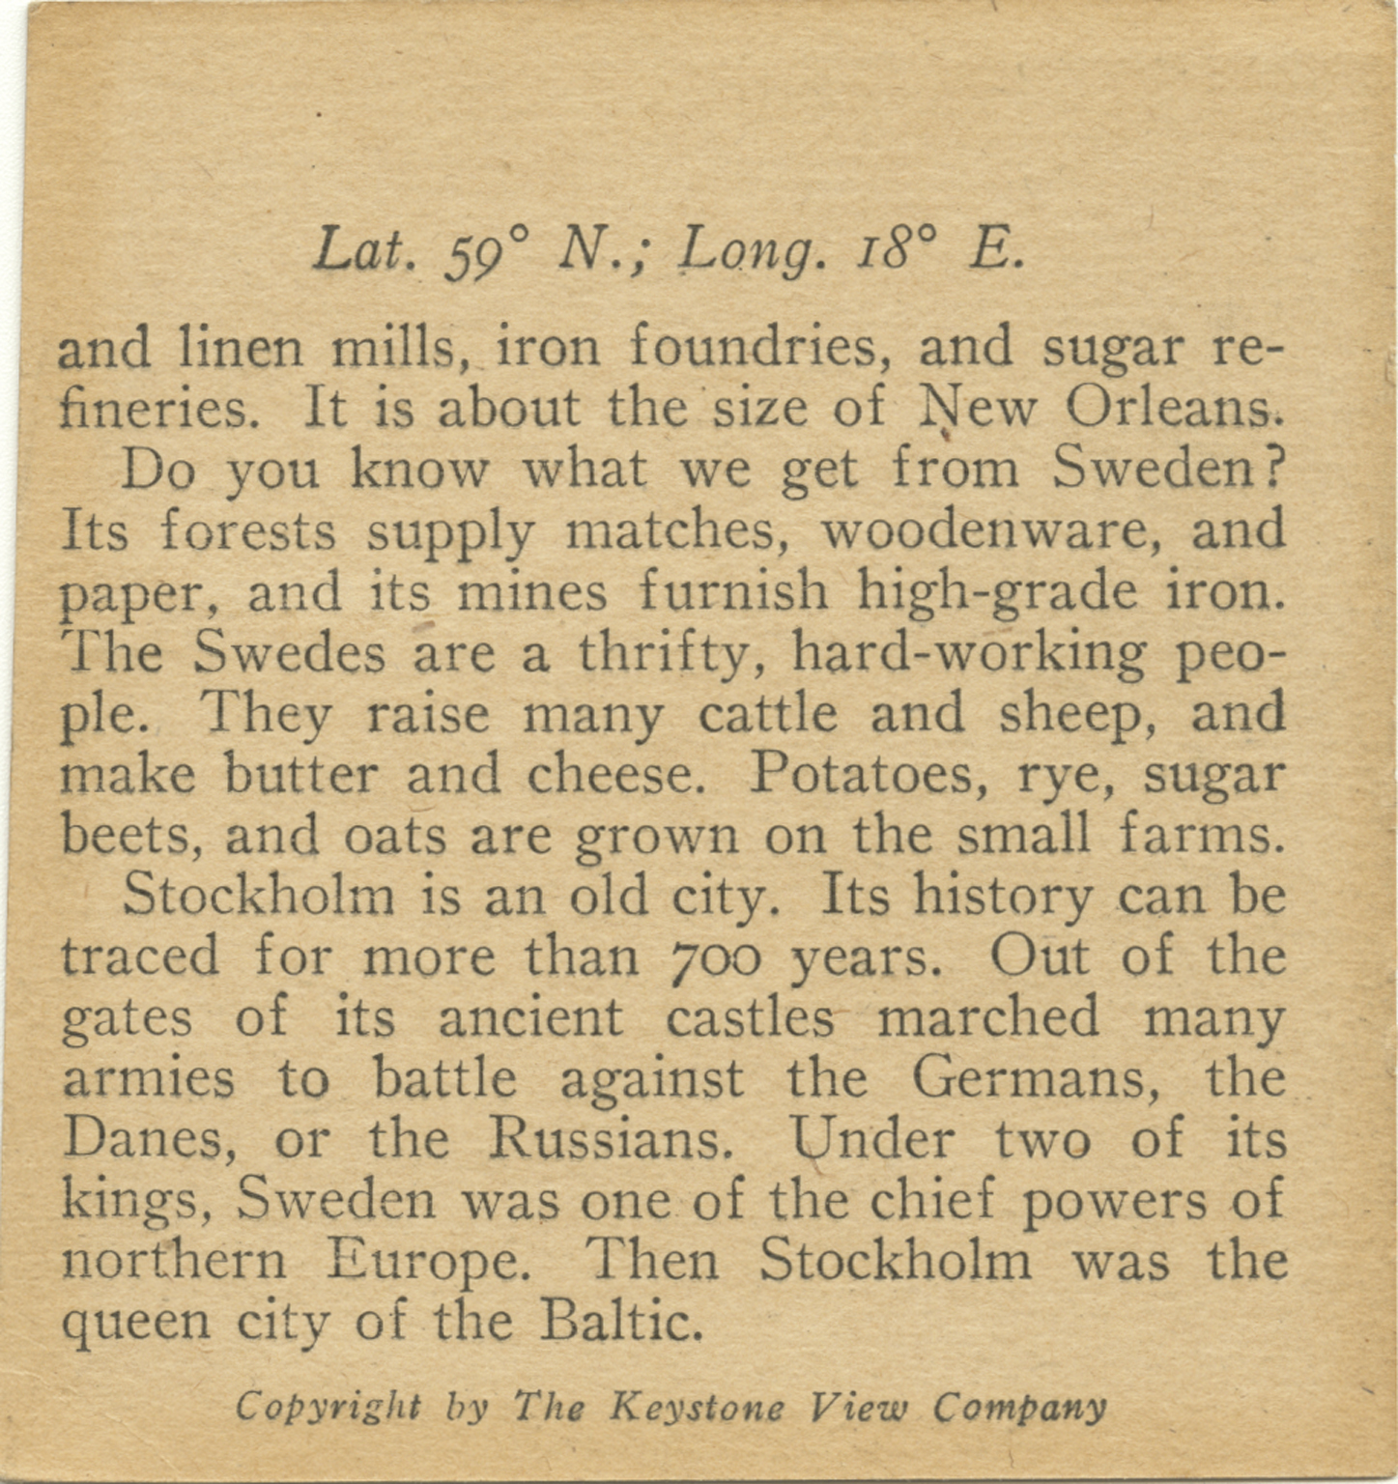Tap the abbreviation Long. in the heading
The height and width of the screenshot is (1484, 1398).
(754, 251)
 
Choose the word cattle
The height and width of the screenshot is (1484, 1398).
(768, 715)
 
